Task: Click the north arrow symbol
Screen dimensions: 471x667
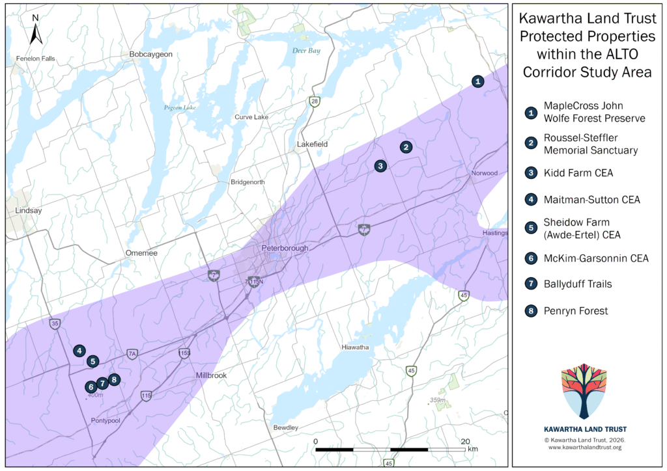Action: click(35, 30)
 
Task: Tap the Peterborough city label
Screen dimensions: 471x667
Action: click(285, 249)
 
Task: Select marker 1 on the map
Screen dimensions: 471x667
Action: click(478, 81)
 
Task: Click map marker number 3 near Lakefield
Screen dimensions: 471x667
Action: click(380, 166)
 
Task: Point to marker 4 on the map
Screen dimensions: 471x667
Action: click(79, 350)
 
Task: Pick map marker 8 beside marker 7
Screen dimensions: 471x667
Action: click(114, 379)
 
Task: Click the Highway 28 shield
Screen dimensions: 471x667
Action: click(315, 101)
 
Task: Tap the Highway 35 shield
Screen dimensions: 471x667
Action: click(55, 323)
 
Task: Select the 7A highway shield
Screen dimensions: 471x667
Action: click(132, 354)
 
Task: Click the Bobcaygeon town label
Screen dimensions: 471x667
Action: click(150, 54)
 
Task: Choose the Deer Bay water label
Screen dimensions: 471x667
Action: click(306, 51)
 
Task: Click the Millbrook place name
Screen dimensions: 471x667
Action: click(212, 376)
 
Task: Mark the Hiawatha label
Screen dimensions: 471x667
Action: click(356, 347)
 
